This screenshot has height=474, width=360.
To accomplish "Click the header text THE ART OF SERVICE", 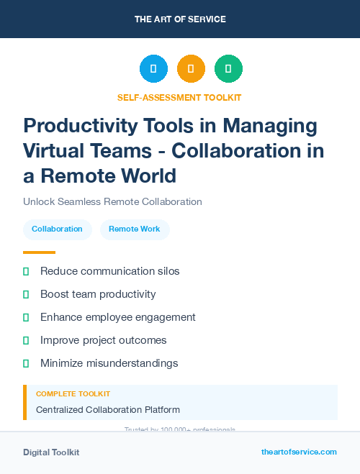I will point(180,19).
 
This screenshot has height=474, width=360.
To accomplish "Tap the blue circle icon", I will point(153,69).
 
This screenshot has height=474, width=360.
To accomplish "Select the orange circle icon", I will point(191,69).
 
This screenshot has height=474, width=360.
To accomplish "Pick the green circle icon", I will point(228,69).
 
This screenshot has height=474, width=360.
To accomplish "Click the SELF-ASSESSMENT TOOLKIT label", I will point(179,97).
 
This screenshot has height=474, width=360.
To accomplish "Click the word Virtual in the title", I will point(58,151).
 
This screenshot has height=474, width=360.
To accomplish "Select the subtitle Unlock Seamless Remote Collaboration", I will point(112,202).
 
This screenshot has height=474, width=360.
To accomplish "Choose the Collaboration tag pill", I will point(57,229).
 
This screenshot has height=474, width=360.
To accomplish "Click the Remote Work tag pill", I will point(135,229).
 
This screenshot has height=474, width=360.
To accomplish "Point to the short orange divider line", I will point(39,252).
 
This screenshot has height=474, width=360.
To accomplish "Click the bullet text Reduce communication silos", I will point(109,271).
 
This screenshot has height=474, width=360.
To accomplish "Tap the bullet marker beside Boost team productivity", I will point(26,294).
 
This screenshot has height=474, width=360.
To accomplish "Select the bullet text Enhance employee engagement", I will point(117,317).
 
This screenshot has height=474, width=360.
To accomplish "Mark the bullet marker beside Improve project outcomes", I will point(26,340).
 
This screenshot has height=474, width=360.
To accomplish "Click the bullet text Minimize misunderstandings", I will point(109,363).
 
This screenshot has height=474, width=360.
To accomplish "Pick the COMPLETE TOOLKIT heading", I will point(73,394).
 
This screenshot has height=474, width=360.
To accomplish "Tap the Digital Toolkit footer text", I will point(51,452).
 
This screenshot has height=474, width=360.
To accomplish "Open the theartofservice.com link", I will point(299,452).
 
